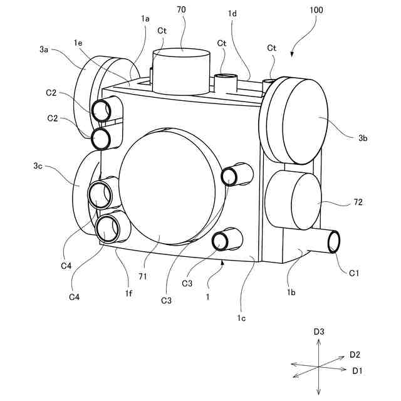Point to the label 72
[x=357, y=203]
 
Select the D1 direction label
[x=357, y=371]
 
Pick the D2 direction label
[x=355, y=355]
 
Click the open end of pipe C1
[x=335, y=241]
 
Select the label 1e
[x=78, y=42]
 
